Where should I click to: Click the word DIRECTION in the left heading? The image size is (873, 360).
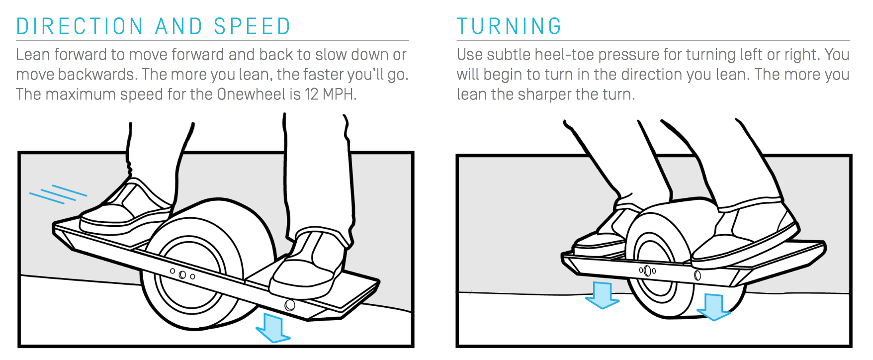tap(80, 26)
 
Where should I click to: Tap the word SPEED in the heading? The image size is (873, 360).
tap(253, 26)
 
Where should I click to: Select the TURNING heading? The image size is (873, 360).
tap(509, 26)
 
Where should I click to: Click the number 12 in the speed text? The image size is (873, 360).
tap(312, 94)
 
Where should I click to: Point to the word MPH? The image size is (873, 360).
tap(339, 94)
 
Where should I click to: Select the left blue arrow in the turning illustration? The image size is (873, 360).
tap(603, 295)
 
